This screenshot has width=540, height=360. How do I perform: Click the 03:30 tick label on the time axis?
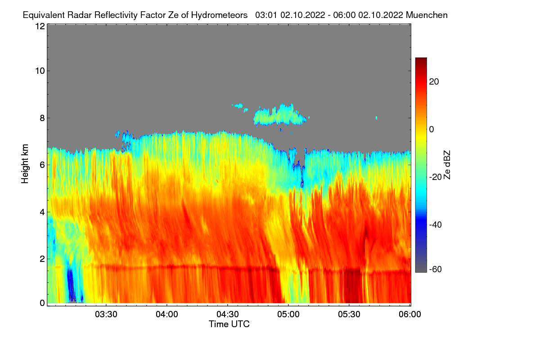click(x=106, y=314)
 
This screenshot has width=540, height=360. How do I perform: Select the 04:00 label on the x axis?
click(x=167, y=314)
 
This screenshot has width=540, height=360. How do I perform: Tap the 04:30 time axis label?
click(x=228, y=314)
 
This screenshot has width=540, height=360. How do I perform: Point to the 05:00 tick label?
click(x=288, y=314)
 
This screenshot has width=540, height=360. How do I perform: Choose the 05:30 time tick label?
click(x=349, y=314)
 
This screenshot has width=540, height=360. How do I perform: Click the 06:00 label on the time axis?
click(x=410, y=314)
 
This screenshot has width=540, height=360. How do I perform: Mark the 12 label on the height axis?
click(x=39, y=27)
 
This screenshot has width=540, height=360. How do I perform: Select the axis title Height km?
click(x=25, y=163)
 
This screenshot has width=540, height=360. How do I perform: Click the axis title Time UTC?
click(x=229, y=324)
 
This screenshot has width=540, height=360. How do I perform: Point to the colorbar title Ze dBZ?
click(x=447, y=165)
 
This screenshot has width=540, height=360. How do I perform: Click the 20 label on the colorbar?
click(x=434, y=82)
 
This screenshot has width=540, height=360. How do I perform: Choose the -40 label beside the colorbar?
click(x=436, y=225)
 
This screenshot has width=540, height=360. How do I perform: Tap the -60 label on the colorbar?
click(x=436, y=270)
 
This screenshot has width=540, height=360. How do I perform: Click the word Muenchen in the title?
click(x=427, y=15)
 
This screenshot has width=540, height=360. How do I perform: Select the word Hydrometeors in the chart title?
click(x=219, y=15)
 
